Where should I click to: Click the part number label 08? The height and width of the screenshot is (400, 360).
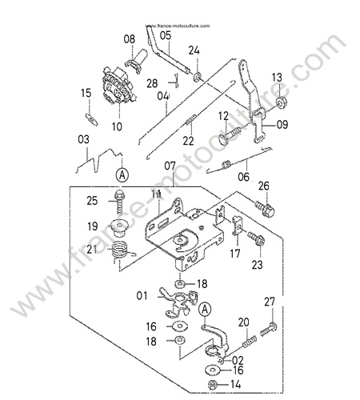coord(130,39)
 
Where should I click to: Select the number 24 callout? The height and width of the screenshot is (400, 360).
coord(194,50)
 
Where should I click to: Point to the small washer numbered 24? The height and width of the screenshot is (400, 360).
coord(198,77)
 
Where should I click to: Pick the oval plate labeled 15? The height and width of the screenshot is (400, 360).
coord(91,119)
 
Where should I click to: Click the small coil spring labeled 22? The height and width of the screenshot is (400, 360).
coord(191,119)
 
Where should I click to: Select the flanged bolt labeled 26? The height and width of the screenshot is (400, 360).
coord(265,208)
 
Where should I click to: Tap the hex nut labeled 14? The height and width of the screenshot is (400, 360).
coord(212,384)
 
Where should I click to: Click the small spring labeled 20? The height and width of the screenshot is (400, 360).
coord(250,342)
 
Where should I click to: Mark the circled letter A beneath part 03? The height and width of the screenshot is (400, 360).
coord(122,175)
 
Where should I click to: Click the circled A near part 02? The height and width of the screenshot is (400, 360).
coord(205,310)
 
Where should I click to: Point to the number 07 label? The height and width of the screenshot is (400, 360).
coord(170,166)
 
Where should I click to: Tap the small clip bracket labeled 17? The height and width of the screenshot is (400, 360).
coord(237,226)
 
